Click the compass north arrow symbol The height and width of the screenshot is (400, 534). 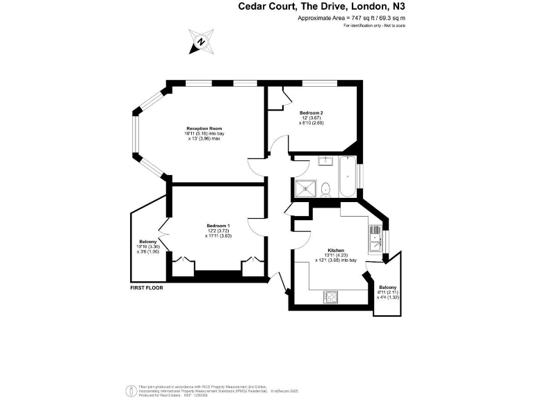(201, 42)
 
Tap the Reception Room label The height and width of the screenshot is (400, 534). (203, 128)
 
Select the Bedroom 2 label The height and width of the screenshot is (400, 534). (311, 112)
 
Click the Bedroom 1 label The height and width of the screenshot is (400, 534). (218, 225)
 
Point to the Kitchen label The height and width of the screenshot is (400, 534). (336, 250)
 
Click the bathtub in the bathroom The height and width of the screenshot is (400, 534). (347, 178)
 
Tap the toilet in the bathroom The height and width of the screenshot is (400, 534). (325, 187)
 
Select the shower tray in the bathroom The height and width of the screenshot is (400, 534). (305, 187)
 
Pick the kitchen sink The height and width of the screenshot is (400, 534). (375, 240)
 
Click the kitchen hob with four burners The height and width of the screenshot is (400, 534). (331, 297)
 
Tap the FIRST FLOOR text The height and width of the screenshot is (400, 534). (146, 287)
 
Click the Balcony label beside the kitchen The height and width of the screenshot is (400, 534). (387, 287)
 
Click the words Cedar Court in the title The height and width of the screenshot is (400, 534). (264, 7)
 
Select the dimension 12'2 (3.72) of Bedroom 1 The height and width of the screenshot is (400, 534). (218, 231)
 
